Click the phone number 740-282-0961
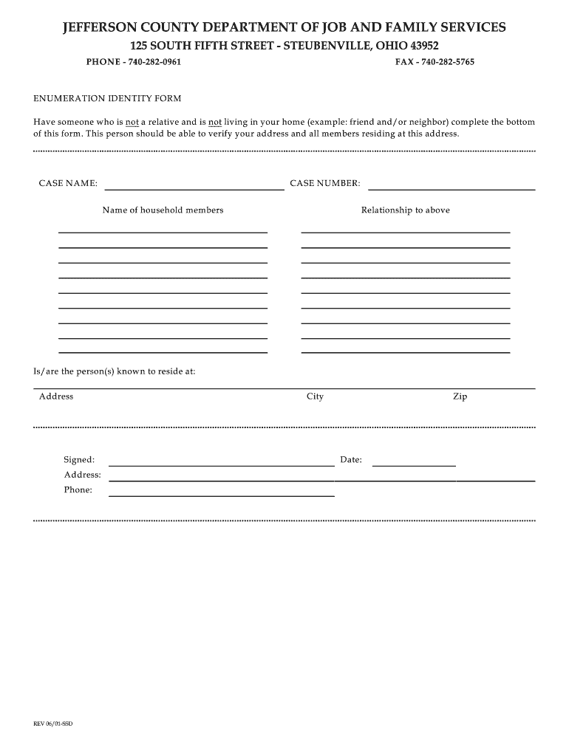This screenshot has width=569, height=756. pyautogui.click(x=154, y=62)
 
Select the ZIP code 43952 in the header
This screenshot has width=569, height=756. pyautogui.click(x=423, y=46)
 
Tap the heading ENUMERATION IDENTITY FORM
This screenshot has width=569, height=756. pyautogui.click(x=107, y=98)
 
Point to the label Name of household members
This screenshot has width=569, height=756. pyautogui.click(x=163, y=210)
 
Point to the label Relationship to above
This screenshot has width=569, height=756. pyautogui.click(x=405, y=210)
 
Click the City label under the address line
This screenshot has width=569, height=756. pyautogui.click(x=315, y=396)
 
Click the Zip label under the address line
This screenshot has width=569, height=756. pyautogui.click(x=460, y=396)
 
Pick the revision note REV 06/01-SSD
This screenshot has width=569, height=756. pyautogui.click(x=53, y=724)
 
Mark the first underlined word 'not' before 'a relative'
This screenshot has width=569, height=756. pyautogui.click(x=132, y=122)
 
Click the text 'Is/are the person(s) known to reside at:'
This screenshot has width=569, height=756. pyautogui.click(x=114, y=371)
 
